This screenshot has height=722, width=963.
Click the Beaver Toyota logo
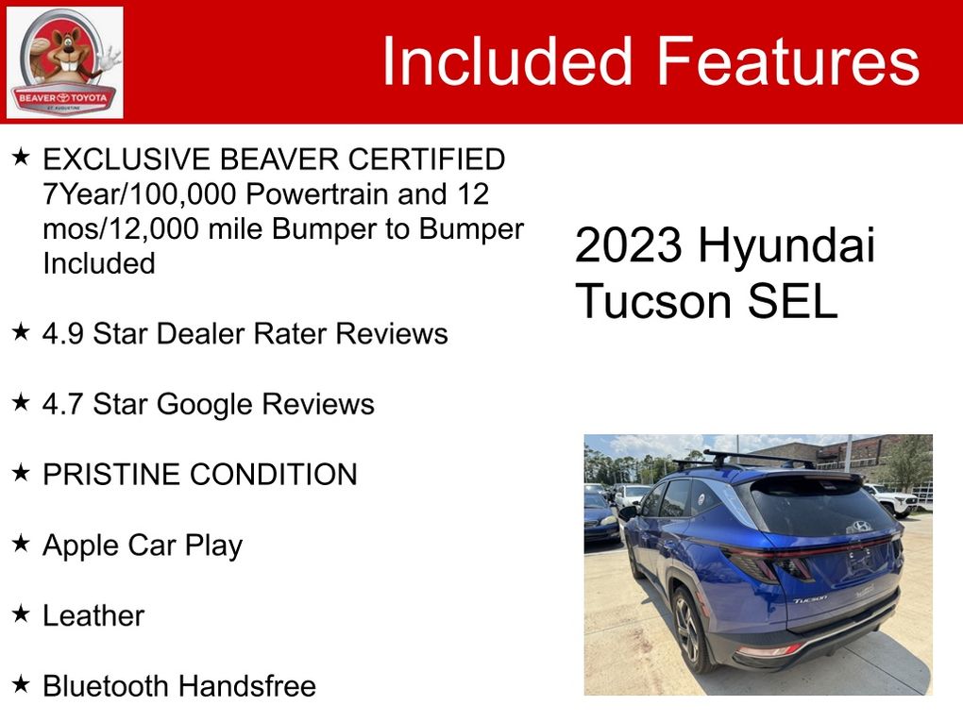coord(64,62)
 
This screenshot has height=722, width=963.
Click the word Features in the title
coord(788,60)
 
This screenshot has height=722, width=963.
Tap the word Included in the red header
coord(507,60)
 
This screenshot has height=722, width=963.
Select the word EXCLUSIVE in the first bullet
coord(127,159)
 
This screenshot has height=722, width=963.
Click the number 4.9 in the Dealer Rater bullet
coord(62,334)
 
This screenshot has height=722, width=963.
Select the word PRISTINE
coord(110,475)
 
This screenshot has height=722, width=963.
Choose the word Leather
coord(93,615)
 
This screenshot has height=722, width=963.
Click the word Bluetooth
coord(105,686)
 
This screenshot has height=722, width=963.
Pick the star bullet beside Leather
coord(21,613)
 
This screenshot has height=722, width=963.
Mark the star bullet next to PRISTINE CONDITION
coord(21,473)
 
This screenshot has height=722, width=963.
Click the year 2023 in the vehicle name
coord(628,245)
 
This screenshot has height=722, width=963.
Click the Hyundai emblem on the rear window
coord(861,526)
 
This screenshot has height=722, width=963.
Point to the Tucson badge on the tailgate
coord(809,598)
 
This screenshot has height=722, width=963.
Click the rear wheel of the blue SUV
coord(689,630)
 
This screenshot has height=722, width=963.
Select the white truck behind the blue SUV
coord(891,498)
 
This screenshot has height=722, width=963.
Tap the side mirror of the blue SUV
coord(628,512)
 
